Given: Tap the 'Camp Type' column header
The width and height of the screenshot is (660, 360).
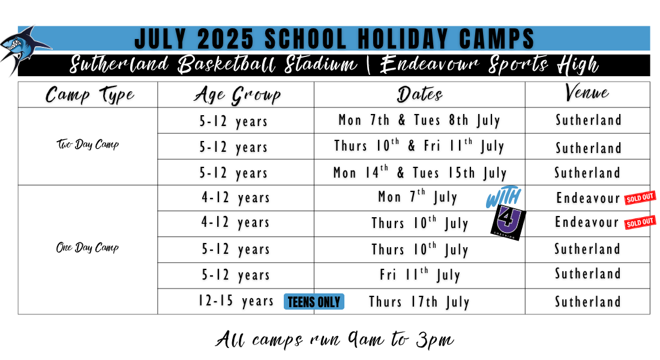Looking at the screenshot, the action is (89, 95).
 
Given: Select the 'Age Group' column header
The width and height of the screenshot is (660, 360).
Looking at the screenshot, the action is (238, 95).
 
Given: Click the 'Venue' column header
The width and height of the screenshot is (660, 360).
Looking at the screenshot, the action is (587, 92).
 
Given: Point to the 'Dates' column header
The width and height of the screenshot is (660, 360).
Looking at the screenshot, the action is (419, 94).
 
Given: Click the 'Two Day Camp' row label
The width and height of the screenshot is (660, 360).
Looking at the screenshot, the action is (88, 145).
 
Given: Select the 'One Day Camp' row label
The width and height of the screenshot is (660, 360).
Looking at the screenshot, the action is (88, 248).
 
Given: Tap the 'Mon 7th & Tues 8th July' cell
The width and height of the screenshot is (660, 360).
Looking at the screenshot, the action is (419, 121).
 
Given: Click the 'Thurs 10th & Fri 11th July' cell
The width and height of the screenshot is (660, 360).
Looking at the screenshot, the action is (419, 146).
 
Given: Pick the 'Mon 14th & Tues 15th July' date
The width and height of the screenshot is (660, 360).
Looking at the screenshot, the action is (419, 172).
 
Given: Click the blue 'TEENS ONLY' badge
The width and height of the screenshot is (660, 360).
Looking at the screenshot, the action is (314, 301).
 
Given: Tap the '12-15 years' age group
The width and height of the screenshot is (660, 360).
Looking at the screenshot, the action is (236, 301).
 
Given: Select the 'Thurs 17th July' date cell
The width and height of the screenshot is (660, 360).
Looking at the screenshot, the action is (419, 302).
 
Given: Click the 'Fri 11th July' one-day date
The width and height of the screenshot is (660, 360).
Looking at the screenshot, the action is (419, 275).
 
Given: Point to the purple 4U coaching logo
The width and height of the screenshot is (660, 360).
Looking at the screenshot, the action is (508, 223).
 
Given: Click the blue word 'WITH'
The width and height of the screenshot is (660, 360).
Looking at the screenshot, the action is (503, 197).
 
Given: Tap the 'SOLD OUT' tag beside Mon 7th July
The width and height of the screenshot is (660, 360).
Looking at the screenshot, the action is (640, 197).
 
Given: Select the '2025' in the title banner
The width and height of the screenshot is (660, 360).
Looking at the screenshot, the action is (225, 39).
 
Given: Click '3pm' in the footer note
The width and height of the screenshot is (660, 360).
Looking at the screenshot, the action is (435, 340).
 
